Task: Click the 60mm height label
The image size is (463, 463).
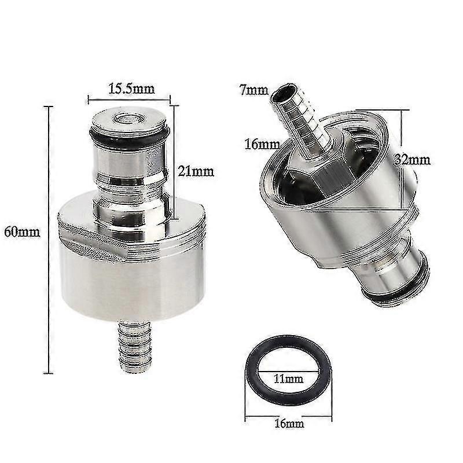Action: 22,233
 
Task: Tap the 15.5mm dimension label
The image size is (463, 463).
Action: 131,89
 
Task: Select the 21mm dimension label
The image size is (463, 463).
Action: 196,171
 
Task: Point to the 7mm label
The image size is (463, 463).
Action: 253,90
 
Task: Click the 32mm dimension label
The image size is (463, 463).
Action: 413,160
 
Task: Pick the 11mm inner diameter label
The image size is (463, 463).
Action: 288,379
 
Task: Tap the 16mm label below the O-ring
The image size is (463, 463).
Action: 289,424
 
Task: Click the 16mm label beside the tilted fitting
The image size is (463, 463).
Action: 262,145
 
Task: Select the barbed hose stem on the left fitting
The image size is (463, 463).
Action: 135,347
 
